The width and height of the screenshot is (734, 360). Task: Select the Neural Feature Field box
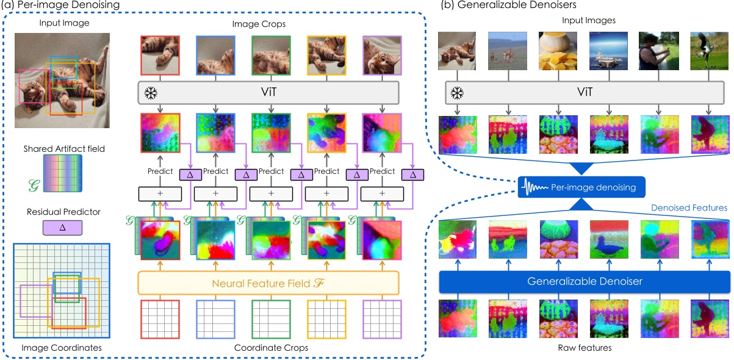[x=268, y=283]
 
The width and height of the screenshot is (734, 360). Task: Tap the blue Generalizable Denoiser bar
[x=585, y=282]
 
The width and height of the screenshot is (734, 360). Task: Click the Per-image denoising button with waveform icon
[x=577, y=187]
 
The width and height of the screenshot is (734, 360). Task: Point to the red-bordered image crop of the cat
[x=160, y=56]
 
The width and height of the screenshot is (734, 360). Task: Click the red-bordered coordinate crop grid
[x=160, y=319]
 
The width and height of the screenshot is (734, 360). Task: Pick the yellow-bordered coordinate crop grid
[x=326, y=319]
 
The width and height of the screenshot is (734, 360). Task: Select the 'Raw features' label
[x=585, y=348]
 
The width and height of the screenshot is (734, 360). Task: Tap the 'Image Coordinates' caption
[x=62, y=348]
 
